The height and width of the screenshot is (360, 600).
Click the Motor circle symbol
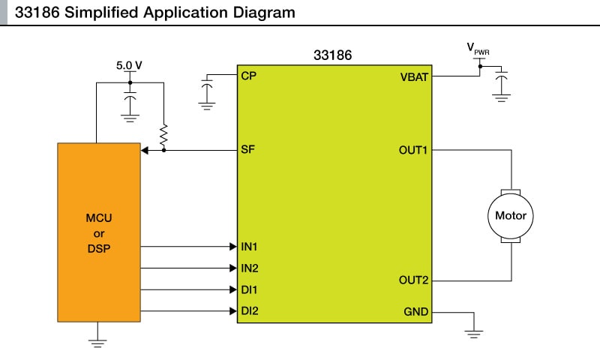[511, 216]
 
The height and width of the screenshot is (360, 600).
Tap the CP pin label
[249, 76]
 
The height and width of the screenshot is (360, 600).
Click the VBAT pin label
[414, 76]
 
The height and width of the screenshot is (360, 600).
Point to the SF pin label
[248, 150]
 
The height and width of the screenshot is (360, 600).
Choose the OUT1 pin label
[413, 151]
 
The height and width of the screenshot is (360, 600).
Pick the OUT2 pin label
[413, 280]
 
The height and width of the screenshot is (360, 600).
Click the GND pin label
[415, 311]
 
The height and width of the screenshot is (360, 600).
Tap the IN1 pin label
[250, 246]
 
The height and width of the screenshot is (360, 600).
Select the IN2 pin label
[250, 268]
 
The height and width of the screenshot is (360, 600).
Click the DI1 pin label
[250, 289]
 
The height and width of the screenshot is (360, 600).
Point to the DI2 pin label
[250, 310]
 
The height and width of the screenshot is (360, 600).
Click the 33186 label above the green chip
[332, 55]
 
